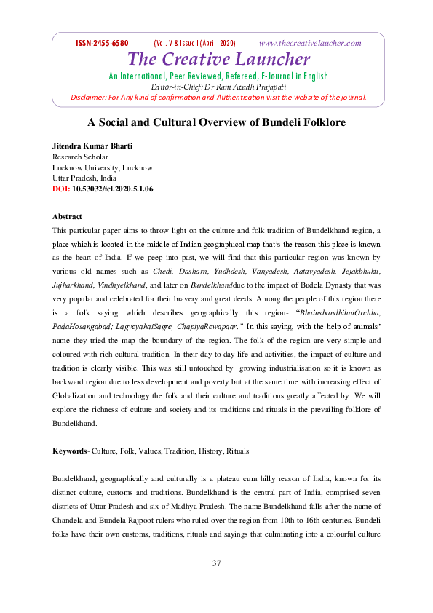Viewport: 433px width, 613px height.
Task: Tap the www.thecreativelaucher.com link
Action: (x=310, y=44)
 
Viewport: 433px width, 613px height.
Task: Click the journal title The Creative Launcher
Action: (x=218, y=59)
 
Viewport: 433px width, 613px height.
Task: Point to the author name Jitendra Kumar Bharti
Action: (x=92, y=147)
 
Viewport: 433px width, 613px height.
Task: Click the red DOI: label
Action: (x=61, y=189)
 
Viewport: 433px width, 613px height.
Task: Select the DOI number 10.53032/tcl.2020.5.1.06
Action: (x=113, y=189)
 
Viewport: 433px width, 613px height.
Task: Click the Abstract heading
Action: (x=67, y=217)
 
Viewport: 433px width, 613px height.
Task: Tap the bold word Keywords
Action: (x=69, y=451)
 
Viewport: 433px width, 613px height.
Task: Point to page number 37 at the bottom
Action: (x=216, y=563)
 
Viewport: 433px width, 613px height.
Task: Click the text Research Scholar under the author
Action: (x=80, y=157)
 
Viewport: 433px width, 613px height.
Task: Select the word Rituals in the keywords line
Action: (x=237, y=451)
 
